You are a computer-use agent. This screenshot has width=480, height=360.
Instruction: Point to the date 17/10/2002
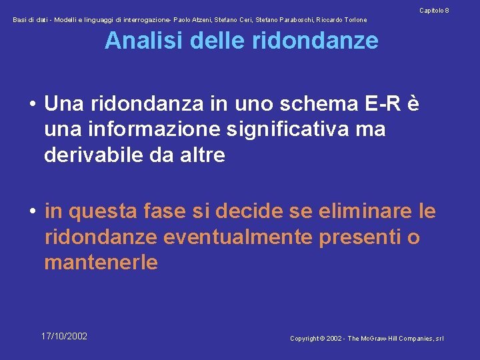[x=64, y=336]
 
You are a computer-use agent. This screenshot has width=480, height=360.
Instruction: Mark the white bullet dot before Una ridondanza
[x=32, y=105]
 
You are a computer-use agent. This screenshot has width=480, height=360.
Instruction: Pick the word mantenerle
[x=101, y=263]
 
